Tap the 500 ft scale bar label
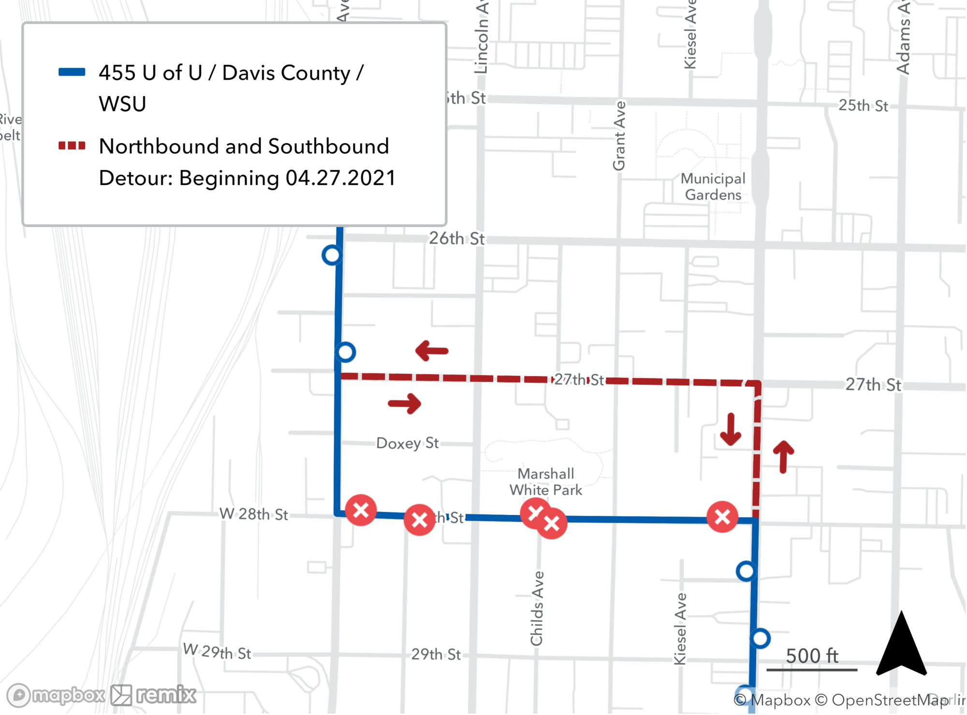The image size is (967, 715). pyautogui.click(x=812, y=656)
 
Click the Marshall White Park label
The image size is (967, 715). pyautogui.click(x=546, y=482)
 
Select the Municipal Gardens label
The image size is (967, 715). pyautogui.click(x=713, y=187)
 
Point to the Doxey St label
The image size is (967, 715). pyautogui.click(x=408, y=443)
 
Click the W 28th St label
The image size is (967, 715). pyautogui.click(x=254, y=514)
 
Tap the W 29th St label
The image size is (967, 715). pyautogui.click(x=217, y=652)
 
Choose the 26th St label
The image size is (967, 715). pyautogui.click(x=456, y=238)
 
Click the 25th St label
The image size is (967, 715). pyautogui.click(x=863, y=105)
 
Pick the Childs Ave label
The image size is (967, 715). pyautogui.click(x=537, y=608)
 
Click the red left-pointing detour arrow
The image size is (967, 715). pyautogui.click(x=432, y=350)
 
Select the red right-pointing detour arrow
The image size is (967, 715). pyautogui.click(x=405, y=403)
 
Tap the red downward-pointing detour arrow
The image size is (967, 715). pyautogui.click(x=731, y=429)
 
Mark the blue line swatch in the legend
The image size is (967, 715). pyautogui.click(x=72, y=73)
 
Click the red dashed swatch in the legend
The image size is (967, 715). pyautogui.click(x=72, y=146)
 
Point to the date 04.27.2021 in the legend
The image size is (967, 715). pyautogui.click(x=340, y=178)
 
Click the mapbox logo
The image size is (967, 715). pyautogui.click(x=56, y=695)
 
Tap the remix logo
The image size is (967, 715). pyautogui.click(x=154, y=695)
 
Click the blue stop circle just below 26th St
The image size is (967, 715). pyautogui.click(x=332, y=255)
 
